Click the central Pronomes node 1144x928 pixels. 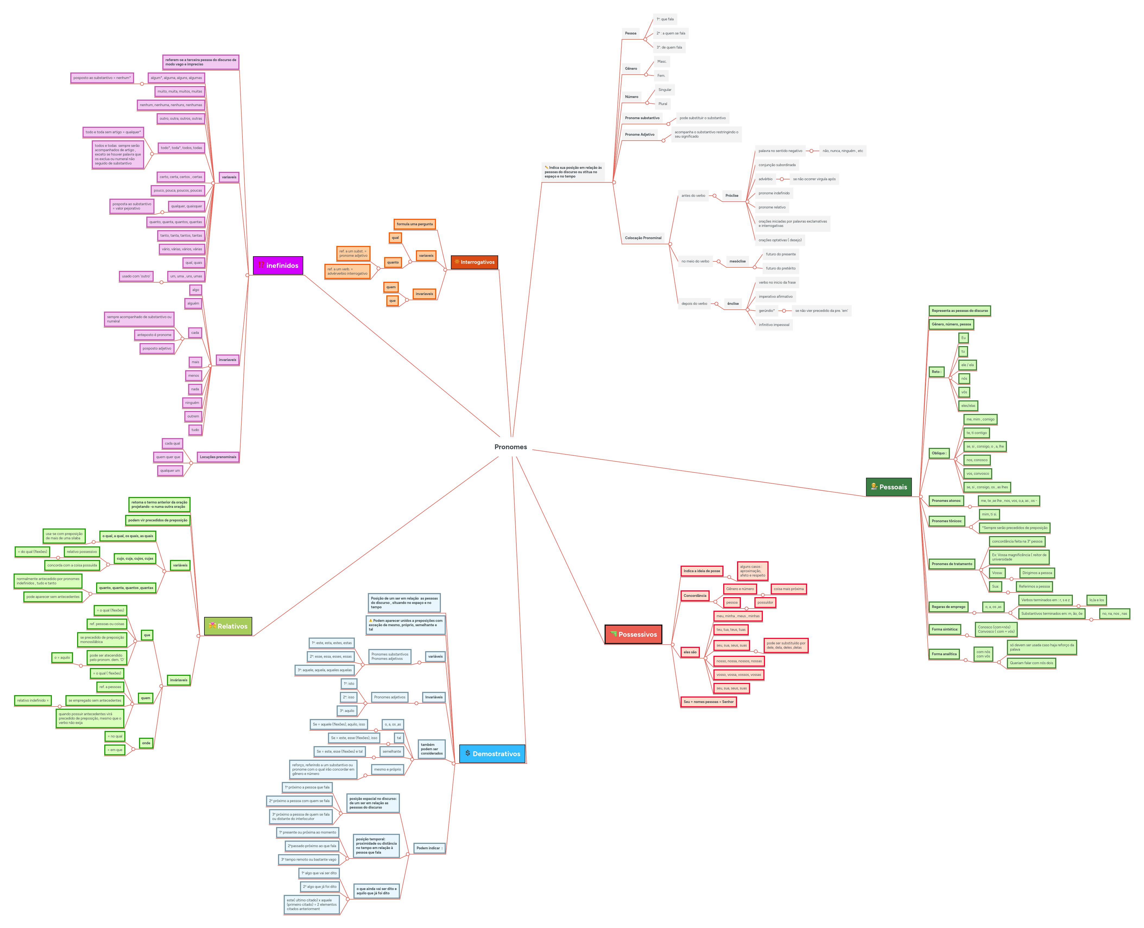click(511, 447)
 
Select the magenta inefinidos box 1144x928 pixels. click(278, 265)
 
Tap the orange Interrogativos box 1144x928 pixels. click(474, 262)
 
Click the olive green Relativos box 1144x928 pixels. click(228, 626)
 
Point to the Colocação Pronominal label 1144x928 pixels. click(643, 238)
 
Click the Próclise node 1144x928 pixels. click(732, 196)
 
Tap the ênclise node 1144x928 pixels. click(733, 304)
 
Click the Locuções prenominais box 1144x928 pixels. click(218, 457)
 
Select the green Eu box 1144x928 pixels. click(963, 338)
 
